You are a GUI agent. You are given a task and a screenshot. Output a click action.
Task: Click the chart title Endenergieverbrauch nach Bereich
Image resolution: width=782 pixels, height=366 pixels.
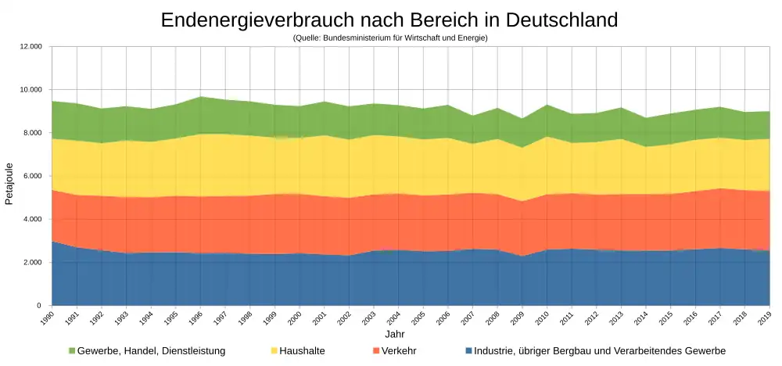389,20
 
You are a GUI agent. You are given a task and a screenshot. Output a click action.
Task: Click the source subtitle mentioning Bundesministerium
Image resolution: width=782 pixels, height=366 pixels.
390,38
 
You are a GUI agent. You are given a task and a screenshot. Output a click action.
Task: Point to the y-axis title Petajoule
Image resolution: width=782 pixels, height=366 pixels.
9,184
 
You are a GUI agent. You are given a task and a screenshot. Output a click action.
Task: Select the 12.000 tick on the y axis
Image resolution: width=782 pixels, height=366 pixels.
30,47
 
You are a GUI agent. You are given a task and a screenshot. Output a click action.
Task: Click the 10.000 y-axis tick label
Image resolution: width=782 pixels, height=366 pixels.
30,90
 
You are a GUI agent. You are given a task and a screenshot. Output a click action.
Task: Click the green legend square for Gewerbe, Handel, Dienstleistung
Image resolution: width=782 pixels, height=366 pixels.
72,351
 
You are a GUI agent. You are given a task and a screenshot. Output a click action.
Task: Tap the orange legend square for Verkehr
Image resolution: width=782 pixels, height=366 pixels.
377,351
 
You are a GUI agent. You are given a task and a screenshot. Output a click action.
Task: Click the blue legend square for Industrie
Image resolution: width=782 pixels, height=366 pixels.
468,351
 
